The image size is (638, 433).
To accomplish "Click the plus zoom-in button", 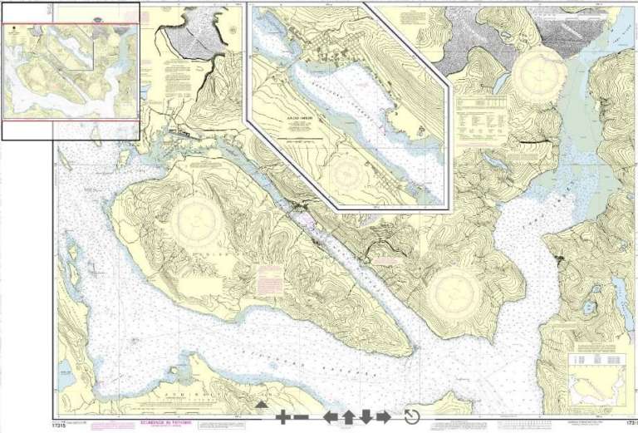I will pos(282,417).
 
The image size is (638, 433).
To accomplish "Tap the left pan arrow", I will pos(331,417).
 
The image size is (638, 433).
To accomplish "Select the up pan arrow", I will pos(348,417).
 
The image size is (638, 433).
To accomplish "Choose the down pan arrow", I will pos(366,417).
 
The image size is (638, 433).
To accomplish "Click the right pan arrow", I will pos(383,417).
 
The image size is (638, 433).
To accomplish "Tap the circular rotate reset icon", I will pos(412,417).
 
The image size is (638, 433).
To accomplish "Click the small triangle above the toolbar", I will pos(261,405).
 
